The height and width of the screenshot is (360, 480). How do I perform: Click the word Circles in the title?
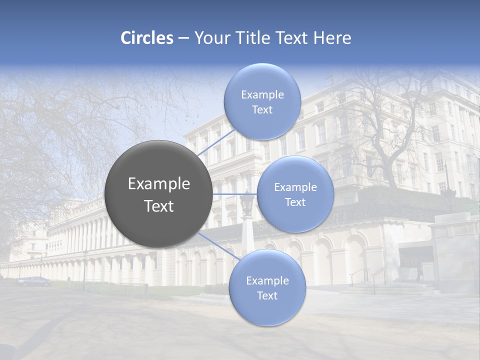point(146,38)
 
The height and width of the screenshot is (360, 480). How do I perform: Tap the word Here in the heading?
point(331,38)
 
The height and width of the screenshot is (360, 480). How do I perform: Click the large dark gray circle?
point(158,194)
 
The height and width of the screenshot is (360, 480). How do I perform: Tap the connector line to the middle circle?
point(234,194)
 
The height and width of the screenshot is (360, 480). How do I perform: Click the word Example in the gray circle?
point(159,184)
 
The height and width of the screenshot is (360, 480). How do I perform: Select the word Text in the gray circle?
point(159,206)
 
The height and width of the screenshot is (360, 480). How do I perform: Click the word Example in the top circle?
point(262,95)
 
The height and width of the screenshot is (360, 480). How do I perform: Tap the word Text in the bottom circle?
point(267,296)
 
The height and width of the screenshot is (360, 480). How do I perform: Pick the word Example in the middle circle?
point(295,187)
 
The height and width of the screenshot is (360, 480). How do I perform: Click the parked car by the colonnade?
point(34,281)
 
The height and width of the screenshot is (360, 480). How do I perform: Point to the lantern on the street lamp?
point(246,204)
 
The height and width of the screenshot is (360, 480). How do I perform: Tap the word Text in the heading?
point(292,38)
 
